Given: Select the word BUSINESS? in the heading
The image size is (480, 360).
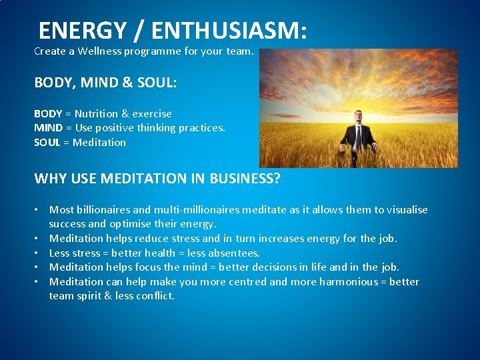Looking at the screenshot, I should tap(245, 179).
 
